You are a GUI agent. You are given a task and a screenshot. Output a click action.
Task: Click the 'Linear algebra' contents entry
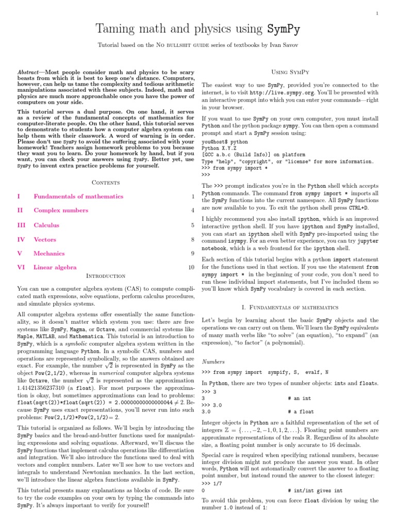coord(55,267)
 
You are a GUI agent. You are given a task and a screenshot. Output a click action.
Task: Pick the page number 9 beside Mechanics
coord(192,253)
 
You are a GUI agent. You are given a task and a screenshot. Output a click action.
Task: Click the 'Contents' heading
coord(106,183)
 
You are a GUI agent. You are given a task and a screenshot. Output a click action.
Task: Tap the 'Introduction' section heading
coord(106,276)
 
